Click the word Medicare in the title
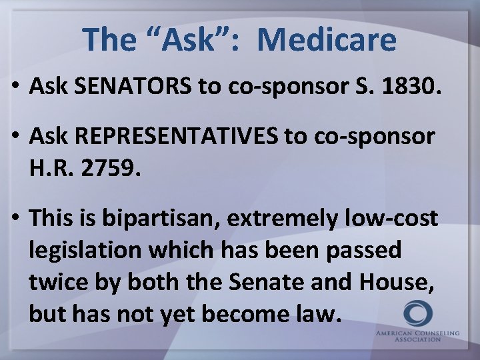(327, 39)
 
